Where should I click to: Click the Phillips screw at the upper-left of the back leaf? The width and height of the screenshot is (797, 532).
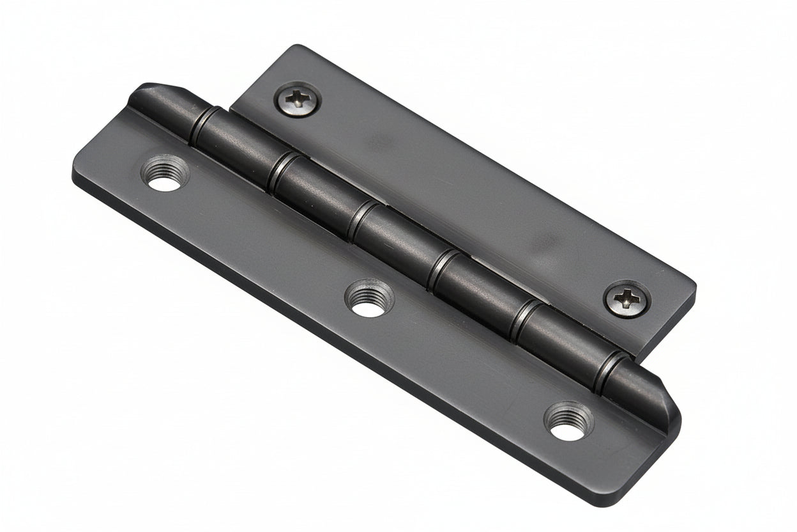pyautogui.click(x=298, y=99)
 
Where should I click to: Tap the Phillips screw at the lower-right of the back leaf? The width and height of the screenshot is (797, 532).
pyautogui.click(x=627, y=298)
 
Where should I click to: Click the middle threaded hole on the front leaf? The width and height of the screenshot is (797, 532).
pyautogui.click(x=369, y=299)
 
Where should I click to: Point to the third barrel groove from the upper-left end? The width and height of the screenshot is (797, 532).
pyautogui.click(x=358, y=221)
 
